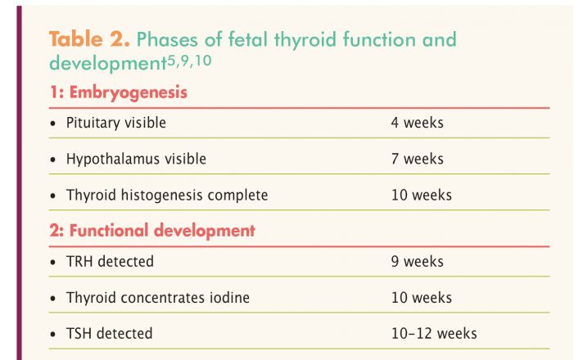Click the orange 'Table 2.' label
click(89, 39)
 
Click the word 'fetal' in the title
click(248, 39)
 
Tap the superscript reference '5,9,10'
click(189, 61)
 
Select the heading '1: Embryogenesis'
click(118, 92)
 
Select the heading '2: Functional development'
click(152, 231)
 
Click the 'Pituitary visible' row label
click(116, 123)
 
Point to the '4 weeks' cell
click(417, 123)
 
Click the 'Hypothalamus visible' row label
click(136, 159)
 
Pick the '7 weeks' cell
click(417, 159)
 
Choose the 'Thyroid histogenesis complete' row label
click(167, 196)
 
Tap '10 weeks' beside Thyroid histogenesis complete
click(421, 196)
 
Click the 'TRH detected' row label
click(110, 262)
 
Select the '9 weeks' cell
click(417, 262)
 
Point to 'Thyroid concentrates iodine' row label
click(158, 298)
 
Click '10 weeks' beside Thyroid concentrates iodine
click(421, 298)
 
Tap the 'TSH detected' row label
click(110, 334)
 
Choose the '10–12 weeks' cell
click(434, 334)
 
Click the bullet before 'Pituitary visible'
click(52, 124)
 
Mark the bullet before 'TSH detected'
click(52, 335)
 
